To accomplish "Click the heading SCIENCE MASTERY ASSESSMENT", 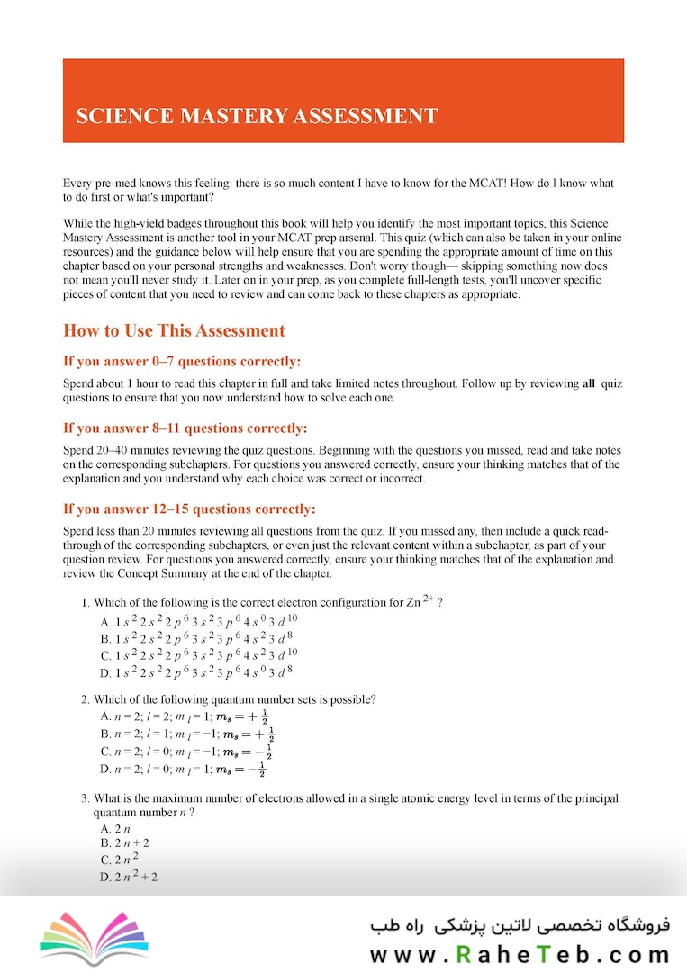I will [x=257, y=116].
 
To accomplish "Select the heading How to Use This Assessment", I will [x=174, y=330].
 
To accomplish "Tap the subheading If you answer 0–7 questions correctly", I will [x=182, y=362].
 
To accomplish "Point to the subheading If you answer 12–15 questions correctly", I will [x=189, y=509].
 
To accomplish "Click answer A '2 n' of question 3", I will [x=112, y=828].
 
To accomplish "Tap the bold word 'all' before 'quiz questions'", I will [x=589, y=383].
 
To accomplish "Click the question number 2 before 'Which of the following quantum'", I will [x=84, y=699].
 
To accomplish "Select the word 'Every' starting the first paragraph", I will [x=77, y=184].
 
